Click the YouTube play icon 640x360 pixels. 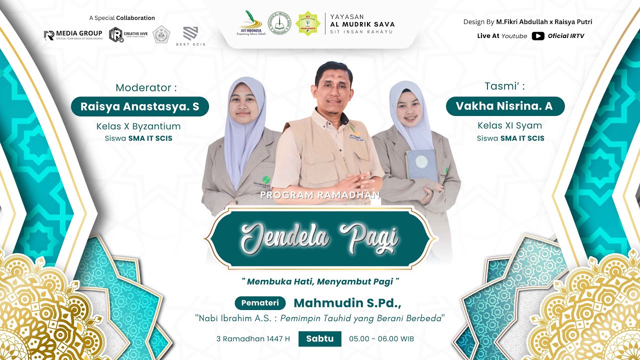click(538, 36)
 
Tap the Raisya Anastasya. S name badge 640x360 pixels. click(139, 106)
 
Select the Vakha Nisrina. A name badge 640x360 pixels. click(505, 106)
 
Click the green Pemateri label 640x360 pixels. click(260, 303)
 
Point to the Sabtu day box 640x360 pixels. click(320, 338)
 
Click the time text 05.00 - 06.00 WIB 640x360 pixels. click(381, 338)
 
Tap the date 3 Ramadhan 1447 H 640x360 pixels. click(253, 338)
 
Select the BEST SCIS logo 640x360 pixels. click(190, 36)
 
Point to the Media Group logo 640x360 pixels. click(73, 34)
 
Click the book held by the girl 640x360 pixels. click(421, 164)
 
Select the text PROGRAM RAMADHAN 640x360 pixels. click(320, 195)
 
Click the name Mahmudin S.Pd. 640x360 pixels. click(347, 303)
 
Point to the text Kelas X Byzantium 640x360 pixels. click(138, 126)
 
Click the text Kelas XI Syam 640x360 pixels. click(509, 125)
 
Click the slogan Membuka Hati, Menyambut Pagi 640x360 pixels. click(320, 281)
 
